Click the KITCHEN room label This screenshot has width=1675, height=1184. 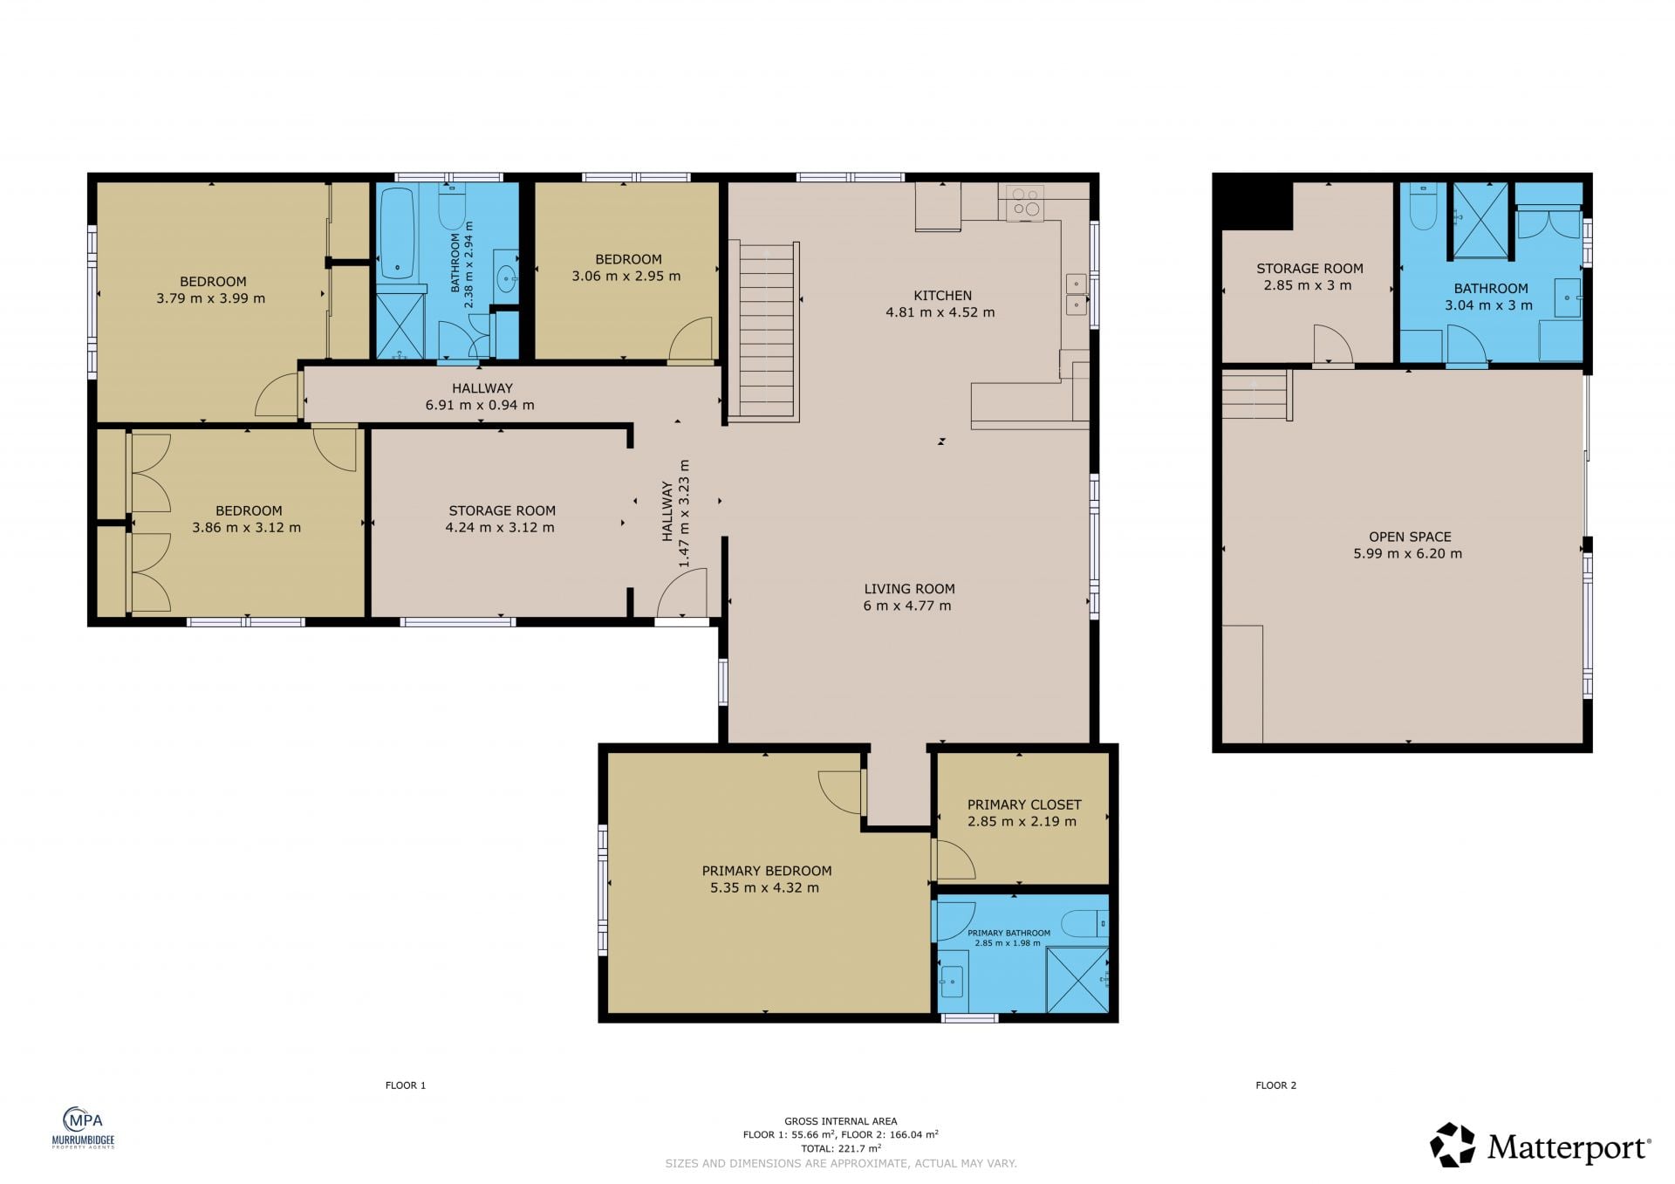(x=942, y=296)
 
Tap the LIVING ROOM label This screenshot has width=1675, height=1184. (x=909, y=589)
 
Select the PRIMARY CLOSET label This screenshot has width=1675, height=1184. (x=1024, y=804)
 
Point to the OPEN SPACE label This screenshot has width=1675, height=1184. (x=1410, y=537)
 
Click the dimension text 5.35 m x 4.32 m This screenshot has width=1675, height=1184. (x=764, y=887)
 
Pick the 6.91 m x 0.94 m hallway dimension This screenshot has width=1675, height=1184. (x=480, y=405)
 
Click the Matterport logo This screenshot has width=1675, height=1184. (x=1541, y=1145)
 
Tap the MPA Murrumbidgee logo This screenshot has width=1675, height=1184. (x=84, y=1127)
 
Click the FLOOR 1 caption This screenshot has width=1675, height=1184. (x=406, y=1085)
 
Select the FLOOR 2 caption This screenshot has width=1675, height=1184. (x=1276, y=1085)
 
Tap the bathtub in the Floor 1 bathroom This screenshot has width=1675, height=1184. (x=397, y=233)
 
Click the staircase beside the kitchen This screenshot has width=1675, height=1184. (x=765, y=332)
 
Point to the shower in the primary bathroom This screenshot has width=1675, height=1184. (x=1077, y=980)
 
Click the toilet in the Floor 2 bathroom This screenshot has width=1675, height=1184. (x=1423, y=205)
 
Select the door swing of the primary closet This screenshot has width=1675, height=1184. (x=954, y=859)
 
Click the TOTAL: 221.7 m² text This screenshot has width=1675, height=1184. (x=841, y=1148)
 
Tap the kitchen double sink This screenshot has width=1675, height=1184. (x=1077, y=293)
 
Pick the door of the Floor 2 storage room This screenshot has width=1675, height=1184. (x=1333, y=346)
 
